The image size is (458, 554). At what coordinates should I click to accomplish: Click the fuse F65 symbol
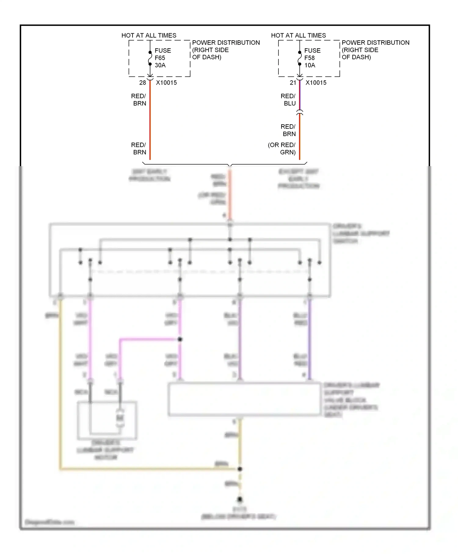[x=150, y=58]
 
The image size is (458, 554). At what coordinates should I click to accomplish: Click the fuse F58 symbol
[x=300, y=58]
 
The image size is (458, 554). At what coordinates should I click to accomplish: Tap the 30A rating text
[x=160, y=65]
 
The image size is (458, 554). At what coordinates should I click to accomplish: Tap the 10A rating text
[x=310, y=65]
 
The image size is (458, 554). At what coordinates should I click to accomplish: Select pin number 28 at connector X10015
[x=143, y=83]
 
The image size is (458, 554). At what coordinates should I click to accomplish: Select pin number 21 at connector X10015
[x=293, y=83]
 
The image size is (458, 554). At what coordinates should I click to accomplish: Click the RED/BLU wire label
[x=288, y=100]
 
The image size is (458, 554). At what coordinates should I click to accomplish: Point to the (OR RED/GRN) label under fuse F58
[x=282, y=149]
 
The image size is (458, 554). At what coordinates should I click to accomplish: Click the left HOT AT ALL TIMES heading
[x=149, y=35]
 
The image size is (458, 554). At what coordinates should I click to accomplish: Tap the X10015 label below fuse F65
[x=166, y=83]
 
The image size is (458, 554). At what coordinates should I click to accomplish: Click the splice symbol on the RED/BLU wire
[x=300, y=113]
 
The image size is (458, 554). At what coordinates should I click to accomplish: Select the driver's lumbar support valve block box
[x=244, y=399]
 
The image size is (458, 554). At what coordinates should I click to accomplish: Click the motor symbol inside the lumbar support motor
[x=120, y=418]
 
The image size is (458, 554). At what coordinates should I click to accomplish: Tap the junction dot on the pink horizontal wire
[x=180, y=339]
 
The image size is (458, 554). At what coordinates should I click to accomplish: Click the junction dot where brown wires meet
[x=240, y=469]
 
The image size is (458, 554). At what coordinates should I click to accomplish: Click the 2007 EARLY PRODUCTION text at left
[x=149, y=175]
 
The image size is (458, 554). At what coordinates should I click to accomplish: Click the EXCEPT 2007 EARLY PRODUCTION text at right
[x=298, y=179]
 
